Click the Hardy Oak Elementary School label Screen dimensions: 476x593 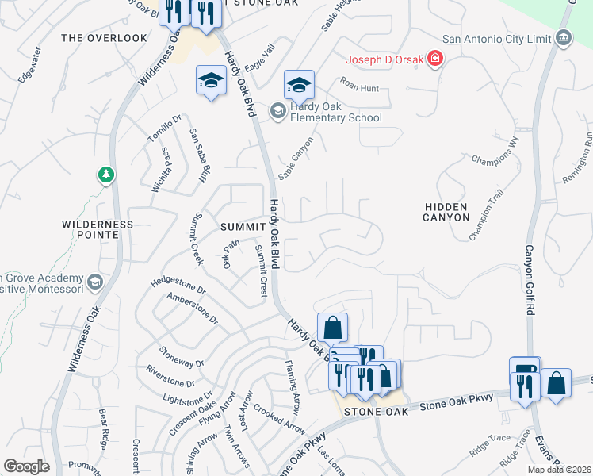click(335, 112)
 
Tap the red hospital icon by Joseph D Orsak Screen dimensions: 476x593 click(434, 59)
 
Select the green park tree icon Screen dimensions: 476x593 click(105, 174)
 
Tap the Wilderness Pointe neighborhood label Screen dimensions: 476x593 click(98, 230)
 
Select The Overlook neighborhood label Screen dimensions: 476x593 click(104, 38)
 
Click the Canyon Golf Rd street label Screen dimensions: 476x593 click(530, 278)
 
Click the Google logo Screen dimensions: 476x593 click(27, 466)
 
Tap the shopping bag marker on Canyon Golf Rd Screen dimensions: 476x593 click(557, 384)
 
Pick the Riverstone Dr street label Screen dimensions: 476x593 click(170, 376)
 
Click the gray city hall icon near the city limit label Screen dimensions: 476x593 click(564, 37)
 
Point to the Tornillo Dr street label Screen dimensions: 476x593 click(159, 131)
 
